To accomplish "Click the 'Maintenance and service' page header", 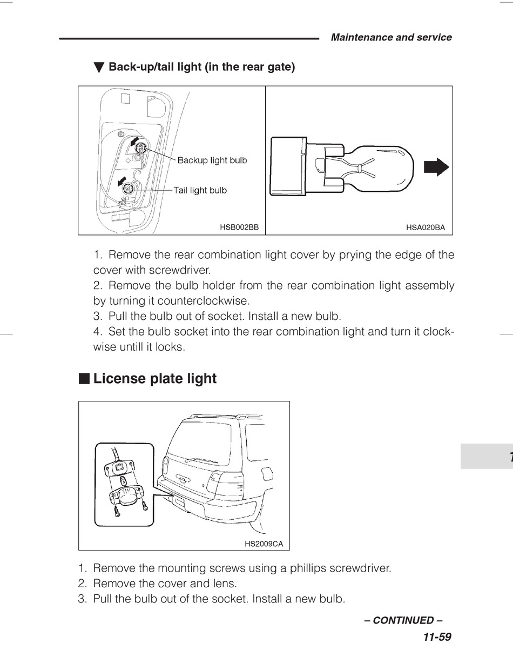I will tap(391, 37).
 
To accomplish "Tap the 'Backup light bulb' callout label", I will tap(212, 160).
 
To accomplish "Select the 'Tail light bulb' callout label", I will tap(200, 190).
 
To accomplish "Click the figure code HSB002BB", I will tap(239, 227).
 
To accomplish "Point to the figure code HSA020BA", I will tap(426, 227).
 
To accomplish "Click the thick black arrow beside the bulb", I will tap(436, 167).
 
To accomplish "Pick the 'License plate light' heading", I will tap(154, 379).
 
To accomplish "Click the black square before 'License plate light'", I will tap(84, 378).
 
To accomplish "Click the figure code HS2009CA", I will tap(264, 544).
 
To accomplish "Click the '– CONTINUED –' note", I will tap(407, 620).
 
